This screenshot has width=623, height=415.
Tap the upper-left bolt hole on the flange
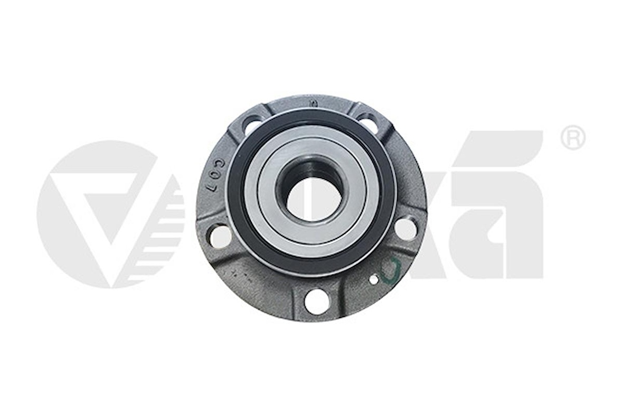pos(252,126)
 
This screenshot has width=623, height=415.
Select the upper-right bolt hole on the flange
pos(368,124)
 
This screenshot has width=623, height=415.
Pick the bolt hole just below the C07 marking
pos(221,235)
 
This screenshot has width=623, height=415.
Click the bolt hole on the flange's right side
pos(405,229)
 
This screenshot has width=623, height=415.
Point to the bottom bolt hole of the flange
pos(317,300)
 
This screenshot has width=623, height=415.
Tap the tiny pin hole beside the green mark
pos(374,280)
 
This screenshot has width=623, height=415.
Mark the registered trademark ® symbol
pos(572,138)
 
